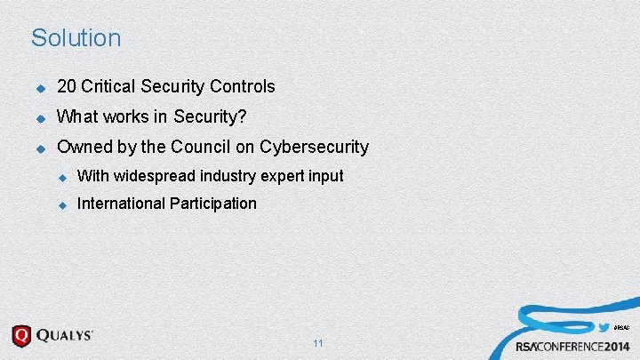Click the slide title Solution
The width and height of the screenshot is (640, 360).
(76, 38)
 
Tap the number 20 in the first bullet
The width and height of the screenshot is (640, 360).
(66, 87)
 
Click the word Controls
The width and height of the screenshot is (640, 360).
(242, 87)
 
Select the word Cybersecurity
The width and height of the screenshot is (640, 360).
(313, 147)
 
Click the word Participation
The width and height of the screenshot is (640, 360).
(212, 204)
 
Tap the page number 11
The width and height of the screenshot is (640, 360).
(318, 343)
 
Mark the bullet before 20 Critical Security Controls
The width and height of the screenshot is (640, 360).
(40, 88)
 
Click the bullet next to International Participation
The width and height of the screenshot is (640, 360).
(62, 204)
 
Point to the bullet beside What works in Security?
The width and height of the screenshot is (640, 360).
(40, 117)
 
